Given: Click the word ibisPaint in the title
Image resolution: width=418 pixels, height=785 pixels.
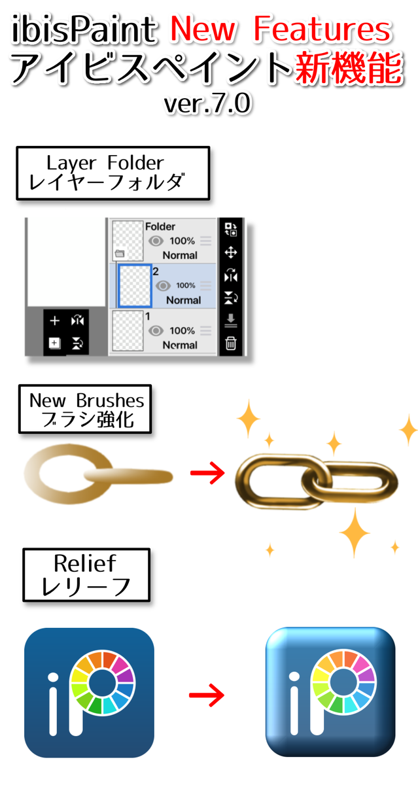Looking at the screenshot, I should [x=84, y=30].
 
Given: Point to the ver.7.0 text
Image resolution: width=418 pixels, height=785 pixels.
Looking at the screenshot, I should [x=209, y=104].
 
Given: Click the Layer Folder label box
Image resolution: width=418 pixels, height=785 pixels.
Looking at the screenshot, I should [x=113, y=173].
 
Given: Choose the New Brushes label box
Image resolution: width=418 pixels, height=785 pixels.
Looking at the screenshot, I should [x=86, y=409].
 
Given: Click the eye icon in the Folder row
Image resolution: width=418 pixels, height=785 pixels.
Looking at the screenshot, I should [x=156, y=241].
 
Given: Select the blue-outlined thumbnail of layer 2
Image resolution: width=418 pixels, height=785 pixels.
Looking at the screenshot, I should [x=135, y=286].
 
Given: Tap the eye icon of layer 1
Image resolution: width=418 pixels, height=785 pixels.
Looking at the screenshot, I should [x=156, y=331].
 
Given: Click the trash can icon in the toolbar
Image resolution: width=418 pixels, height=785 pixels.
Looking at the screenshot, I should [x=231, y=341].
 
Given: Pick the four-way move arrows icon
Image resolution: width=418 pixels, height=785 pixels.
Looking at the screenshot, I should [x=231, y=253].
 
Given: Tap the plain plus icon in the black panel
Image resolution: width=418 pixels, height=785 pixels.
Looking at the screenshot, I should [x=55, y=321].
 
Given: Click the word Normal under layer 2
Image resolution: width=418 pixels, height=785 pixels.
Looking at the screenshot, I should [x=183, y=300].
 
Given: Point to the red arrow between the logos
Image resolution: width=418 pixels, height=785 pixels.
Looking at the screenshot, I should [x=206, y=695].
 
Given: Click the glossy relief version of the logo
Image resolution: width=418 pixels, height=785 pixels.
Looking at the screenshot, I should [x=330, y=692].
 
